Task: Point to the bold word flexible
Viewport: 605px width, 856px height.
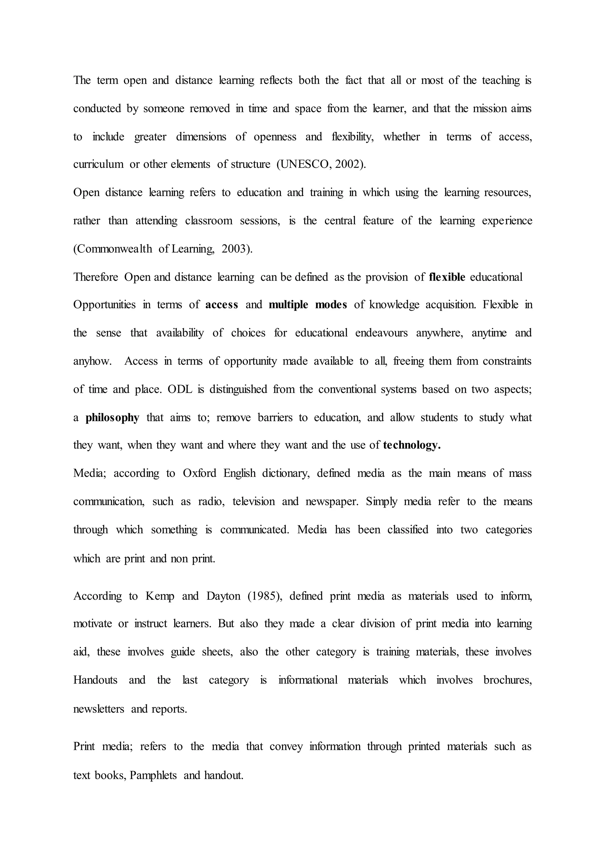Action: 447,277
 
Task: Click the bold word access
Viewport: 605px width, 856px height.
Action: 222,305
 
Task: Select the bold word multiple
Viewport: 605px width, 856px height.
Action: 288,305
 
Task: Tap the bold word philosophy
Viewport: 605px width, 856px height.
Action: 112,418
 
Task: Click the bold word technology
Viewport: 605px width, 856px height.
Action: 412,445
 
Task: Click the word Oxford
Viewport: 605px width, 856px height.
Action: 199,474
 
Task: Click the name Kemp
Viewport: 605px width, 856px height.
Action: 160,596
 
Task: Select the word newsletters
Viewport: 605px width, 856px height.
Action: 98,709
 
